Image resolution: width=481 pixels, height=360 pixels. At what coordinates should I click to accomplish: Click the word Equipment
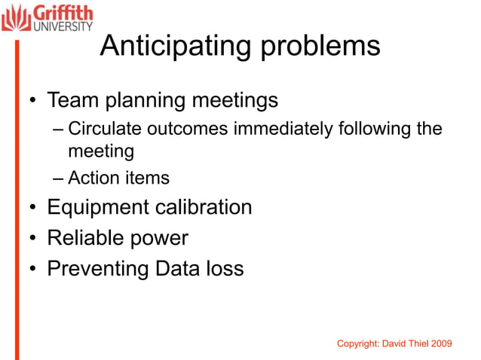click(x=97, y=207)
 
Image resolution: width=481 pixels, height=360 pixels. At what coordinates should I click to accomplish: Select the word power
click(x=159, y=239)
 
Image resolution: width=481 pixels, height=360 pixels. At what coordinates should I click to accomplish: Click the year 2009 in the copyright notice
click(x=441, y=343)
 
